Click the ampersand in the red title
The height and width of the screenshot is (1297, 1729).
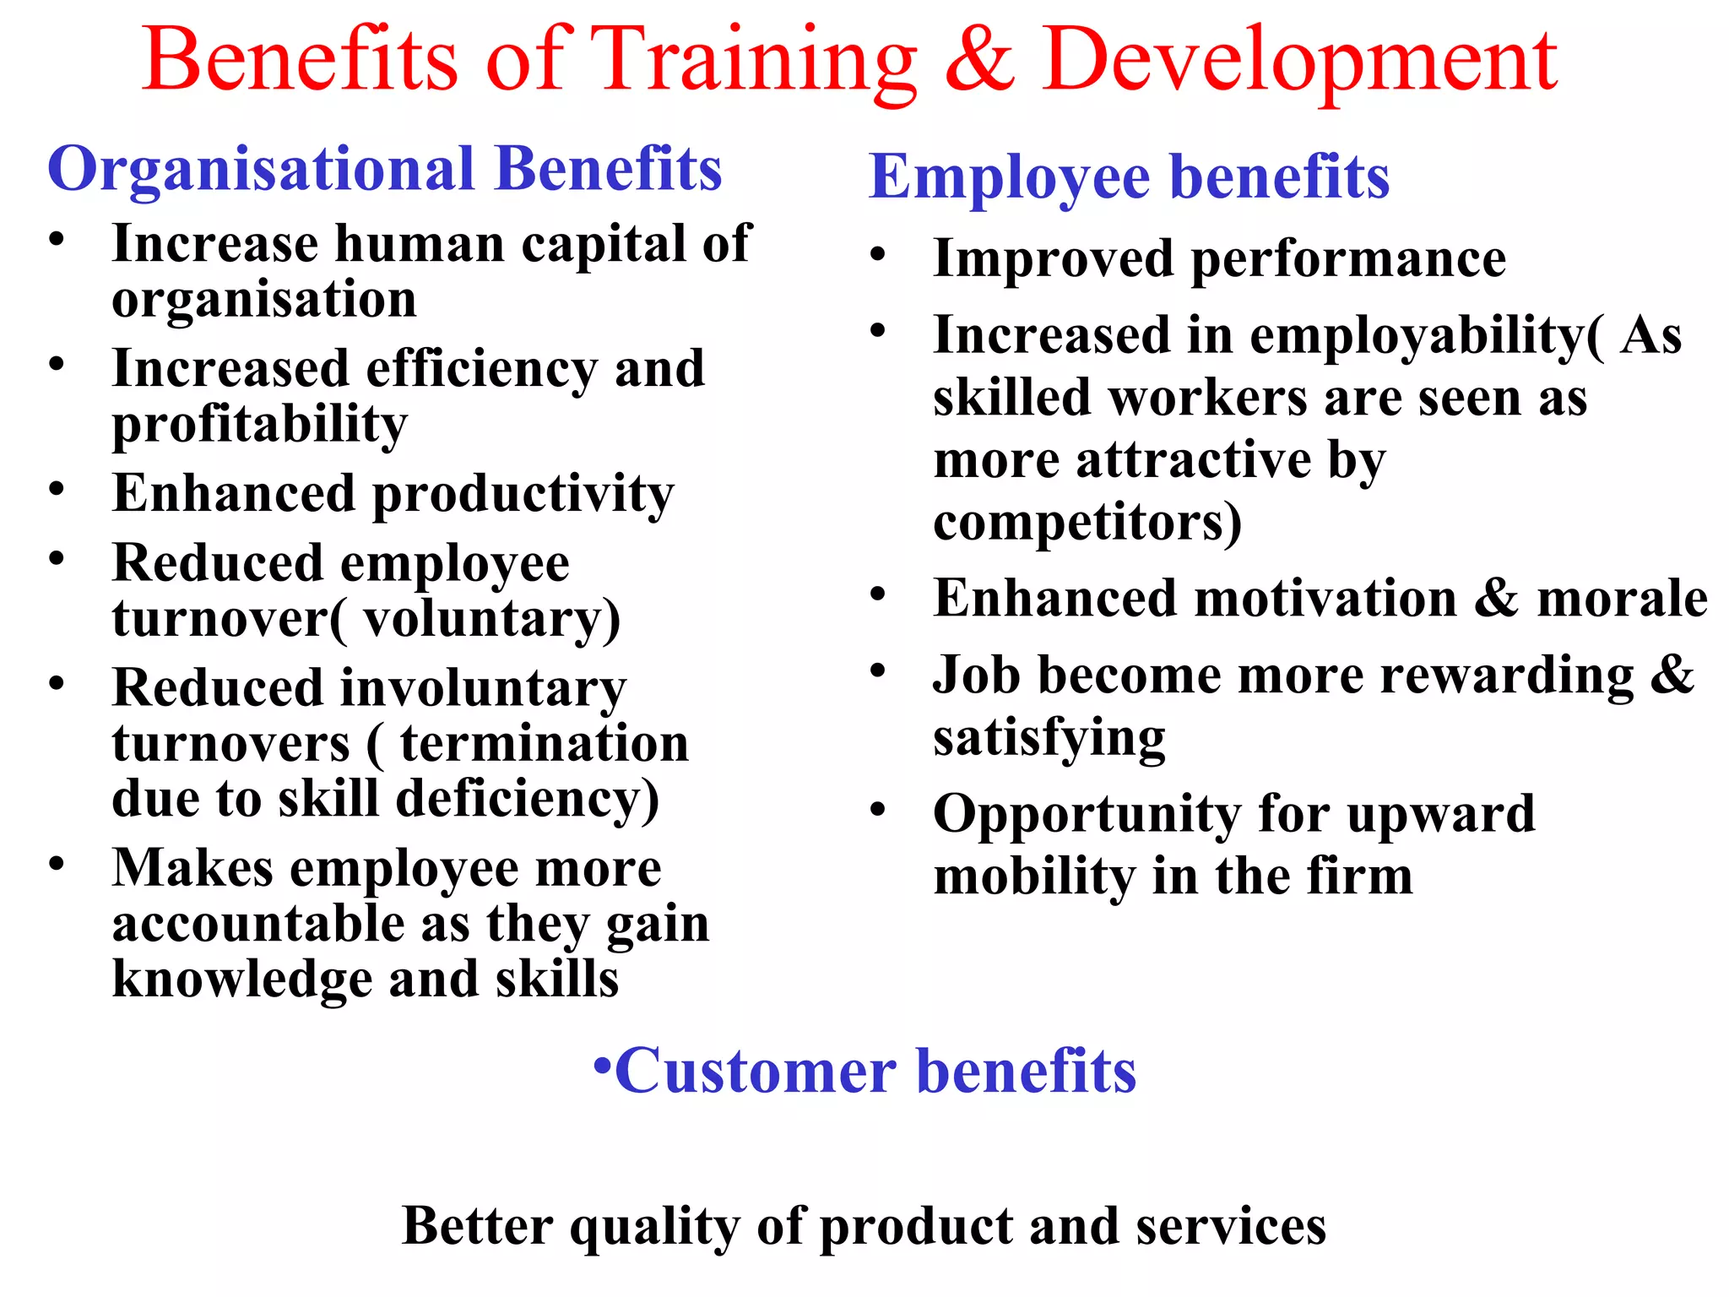(979, 61)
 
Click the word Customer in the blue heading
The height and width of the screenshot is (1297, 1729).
(756, 1071)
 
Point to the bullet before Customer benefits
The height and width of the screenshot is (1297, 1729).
(602, 1066)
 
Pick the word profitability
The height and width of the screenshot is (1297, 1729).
(260, 425)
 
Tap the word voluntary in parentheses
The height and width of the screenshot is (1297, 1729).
(482, 619)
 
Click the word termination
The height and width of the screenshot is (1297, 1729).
(545, 744)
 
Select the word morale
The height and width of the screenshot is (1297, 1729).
(1622, 599)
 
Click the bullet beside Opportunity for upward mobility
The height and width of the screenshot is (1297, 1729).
(878, 811)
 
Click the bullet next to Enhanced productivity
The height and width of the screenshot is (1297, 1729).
(57, 490)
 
